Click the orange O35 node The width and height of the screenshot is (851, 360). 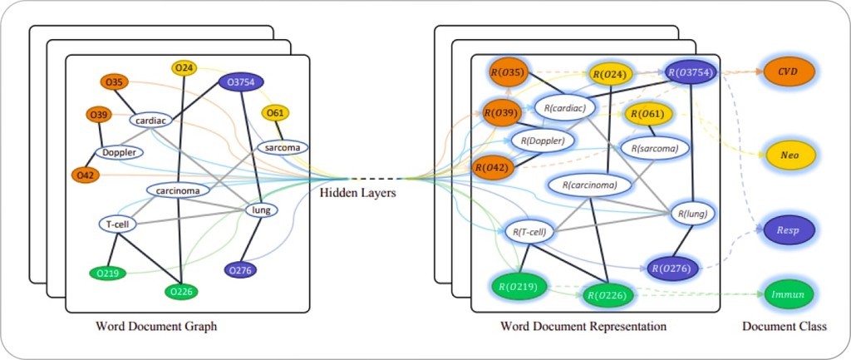(x=115, y=81)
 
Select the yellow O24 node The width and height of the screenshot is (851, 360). (x=184, y=67)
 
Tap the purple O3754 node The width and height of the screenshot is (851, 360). (x=241, y=81)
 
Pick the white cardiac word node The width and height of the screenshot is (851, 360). (x=150, y=120)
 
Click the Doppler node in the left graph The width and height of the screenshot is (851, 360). (x=121, y=152)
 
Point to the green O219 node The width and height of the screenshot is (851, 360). (x=107, y=273)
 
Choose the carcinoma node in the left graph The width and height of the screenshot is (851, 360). (x=178, y=190)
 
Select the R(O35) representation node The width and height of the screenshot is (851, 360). (x=506, y=72)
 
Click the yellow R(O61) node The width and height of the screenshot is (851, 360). (x=647, y=114)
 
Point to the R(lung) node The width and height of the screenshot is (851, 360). (x=692, y=213)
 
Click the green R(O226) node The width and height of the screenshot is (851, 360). (x=611, y=293)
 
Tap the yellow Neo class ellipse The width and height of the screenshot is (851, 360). (x=789, y=155)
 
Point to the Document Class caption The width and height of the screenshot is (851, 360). (x=784, y=327)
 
